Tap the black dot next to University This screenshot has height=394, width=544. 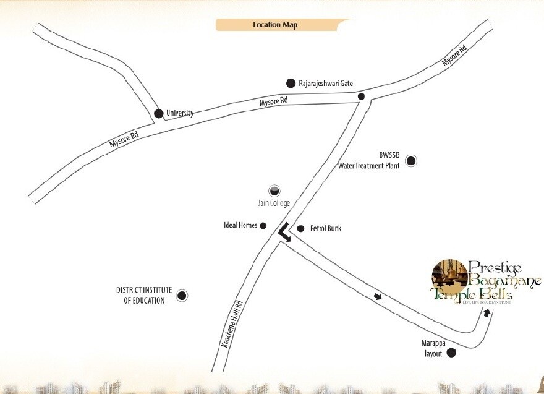[158, 113]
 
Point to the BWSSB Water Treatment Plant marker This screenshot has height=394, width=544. [411, 161]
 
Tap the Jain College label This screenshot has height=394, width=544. [274, 203]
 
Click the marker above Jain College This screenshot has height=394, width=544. [274, 191]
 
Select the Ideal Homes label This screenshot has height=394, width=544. [240, 226]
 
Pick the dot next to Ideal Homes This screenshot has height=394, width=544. [263, 226]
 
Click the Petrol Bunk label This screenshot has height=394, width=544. [326, 229]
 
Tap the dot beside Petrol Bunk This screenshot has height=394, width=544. [300, 229]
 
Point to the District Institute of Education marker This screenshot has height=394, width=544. [182, 296]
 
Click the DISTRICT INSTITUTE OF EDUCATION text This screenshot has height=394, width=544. [140, 295]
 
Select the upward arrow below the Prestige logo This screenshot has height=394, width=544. [487, 313]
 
